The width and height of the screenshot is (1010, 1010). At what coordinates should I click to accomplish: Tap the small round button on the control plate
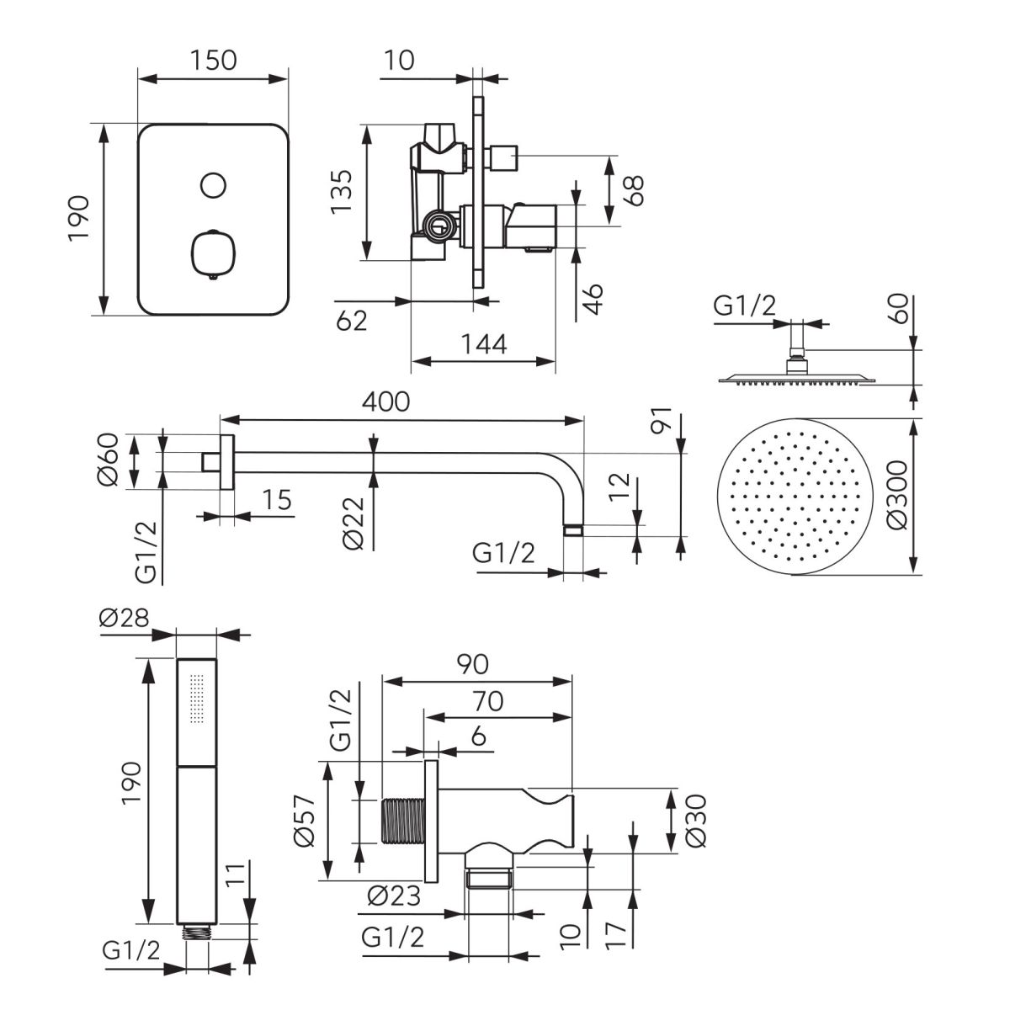click(x=214, y=184)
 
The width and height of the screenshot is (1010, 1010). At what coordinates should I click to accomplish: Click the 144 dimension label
click(x=484, y=344)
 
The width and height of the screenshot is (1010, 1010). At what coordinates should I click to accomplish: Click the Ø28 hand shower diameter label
click(x=124, y=618)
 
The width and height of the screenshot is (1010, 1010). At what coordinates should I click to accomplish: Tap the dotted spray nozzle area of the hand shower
click(x=196, y=699)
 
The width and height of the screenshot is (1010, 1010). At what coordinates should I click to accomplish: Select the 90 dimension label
click(x=473, y=663)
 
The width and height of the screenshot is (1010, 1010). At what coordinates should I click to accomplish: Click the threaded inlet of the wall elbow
click(x=403, y=821)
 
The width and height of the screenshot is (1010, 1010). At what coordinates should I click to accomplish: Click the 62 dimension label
click(x=352, y=320)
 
